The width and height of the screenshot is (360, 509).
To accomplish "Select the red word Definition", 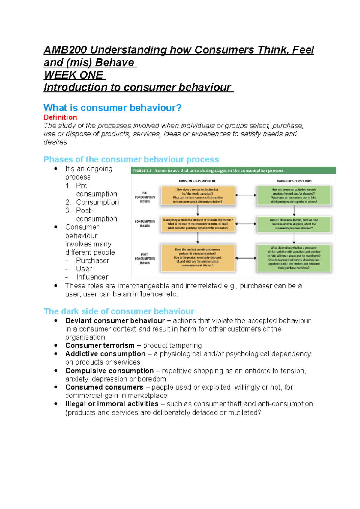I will pos(60,117).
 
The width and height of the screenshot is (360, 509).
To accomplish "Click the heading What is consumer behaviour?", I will pos(112,108).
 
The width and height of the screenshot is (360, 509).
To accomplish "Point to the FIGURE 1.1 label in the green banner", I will pos(142,171).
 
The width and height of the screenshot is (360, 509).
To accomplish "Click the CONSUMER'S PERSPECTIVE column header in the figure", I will pos(197,181).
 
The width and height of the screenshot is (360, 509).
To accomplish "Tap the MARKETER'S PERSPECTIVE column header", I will pos(294,181).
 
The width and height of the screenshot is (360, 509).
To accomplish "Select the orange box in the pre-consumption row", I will pos(198,195).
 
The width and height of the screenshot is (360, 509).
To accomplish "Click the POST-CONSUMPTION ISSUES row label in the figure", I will pos(145,259).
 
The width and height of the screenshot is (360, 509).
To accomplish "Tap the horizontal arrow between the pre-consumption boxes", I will pos(246,195).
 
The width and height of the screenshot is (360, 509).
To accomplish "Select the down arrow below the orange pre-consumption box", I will pos(198,210).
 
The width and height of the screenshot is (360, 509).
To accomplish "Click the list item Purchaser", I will pos(92,260).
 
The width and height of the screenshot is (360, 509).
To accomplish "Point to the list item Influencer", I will pos(92,277).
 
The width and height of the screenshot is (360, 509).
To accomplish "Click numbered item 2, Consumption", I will pos(97,202).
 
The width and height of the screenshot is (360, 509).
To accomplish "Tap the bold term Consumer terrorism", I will pos(100,345).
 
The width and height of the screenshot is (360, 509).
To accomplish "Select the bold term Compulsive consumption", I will pos(109,371).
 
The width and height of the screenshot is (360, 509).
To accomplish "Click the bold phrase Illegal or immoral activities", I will pos(112,404).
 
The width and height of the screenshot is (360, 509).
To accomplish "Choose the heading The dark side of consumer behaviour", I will pos(119,311).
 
